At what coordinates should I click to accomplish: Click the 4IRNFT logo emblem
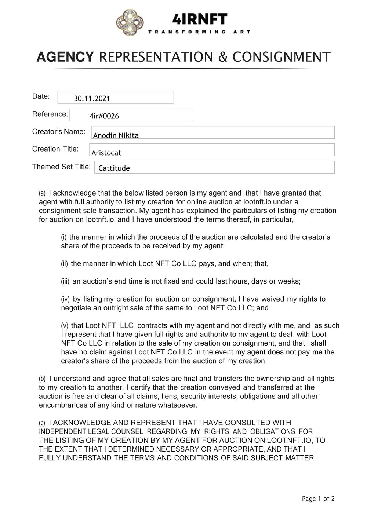(x=130, y=23)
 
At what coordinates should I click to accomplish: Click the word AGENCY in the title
(x=65, y=57)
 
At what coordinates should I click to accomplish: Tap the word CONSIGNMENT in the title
(x=281, y=57)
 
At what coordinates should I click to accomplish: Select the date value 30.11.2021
(x=92, y=98)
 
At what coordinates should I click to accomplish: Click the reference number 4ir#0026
(x=104, y=116)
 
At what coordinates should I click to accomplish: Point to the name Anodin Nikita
(x=116, y=135)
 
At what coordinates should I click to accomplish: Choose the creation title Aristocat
(x=106, y=153)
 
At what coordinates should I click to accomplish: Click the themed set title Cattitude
(x=114, y=168)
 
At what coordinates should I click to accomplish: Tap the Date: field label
(x=41, y=96)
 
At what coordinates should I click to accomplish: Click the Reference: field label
(x=50, y=114)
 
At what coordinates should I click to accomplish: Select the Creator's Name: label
(x=59, y=131)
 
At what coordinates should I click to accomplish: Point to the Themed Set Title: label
(x=61, y=167)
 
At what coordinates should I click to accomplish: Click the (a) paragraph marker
(x=42, y=193)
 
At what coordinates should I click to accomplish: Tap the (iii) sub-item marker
(x=65, y=281)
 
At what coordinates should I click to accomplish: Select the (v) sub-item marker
(x=64, y=326)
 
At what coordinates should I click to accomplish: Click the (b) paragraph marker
(x=42, y=379)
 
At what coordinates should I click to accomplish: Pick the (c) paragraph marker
(x=42, y=423)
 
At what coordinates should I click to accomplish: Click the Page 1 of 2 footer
(x=318, y=499)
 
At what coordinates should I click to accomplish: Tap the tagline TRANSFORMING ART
(x=199, y=32)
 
